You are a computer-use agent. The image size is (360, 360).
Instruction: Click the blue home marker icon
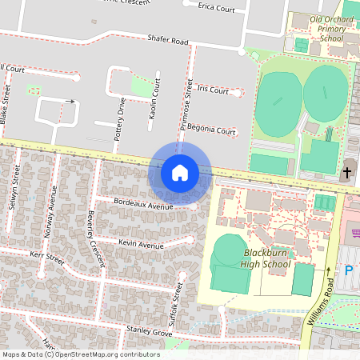[180, 172]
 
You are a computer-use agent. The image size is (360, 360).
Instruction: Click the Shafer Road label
[167, 39]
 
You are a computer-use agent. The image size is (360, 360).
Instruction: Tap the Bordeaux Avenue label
[144, 205]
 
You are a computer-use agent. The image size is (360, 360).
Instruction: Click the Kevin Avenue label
[140, 242]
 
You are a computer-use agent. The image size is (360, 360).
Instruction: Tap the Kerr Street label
[47, 257]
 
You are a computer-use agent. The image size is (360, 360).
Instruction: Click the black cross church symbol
[347, 173]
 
